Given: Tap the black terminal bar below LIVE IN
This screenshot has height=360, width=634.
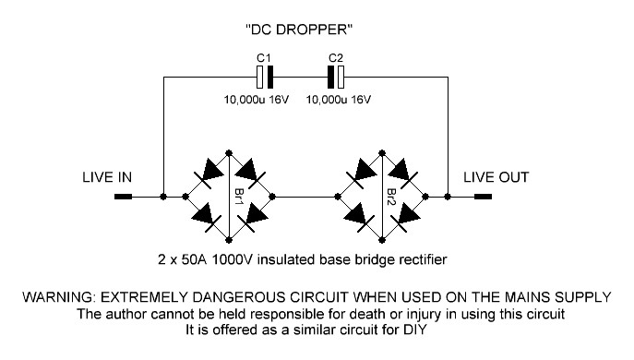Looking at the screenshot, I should point(123,197).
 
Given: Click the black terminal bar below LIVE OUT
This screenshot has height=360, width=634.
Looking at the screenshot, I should point(479,197).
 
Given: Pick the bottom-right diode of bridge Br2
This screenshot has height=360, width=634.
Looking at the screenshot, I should point(407,216).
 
